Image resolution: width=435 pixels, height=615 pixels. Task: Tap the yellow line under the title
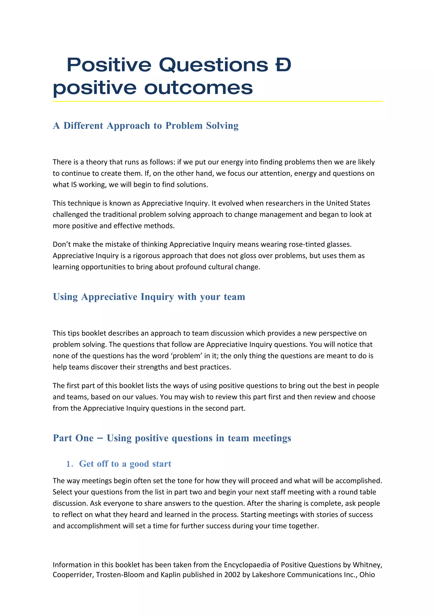click(217, 101)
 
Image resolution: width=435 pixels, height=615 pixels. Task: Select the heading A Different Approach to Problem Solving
click(145, 125)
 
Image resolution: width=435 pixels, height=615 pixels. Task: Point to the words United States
click(348, 203)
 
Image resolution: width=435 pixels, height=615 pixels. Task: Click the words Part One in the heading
click(73, 438)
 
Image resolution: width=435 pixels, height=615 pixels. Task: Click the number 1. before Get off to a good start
click(69, 464)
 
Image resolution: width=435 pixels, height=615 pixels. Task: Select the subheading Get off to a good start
click(125, 464)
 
